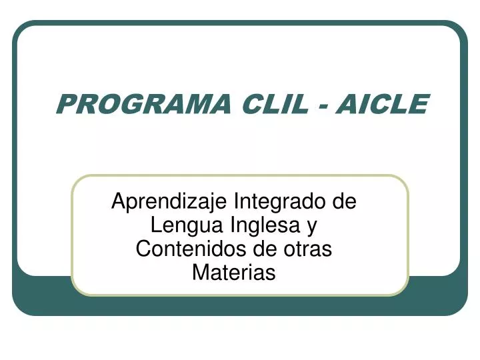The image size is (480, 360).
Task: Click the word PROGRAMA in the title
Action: [143, 104]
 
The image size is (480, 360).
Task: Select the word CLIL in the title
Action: [275, 104]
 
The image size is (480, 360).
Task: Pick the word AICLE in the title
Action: [383, 104]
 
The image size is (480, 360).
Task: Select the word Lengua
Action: [187, 226]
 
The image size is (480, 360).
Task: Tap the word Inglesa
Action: [265, 225]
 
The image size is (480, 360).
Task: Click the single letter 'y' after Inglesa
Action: [312, 229]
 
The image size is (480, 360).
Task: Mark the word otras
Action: [307, 250]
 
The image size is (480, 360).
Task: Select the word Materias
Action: [234, 273]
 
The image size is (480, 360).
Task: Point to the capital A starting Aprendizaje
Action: [119, 201]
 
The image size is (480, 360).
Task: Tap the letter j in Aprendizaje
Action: [198, 203]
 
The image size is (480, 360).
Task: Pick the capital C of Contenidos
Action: [143, 249]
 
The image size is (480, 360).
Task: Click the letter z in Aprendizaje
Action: [189, 203]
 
